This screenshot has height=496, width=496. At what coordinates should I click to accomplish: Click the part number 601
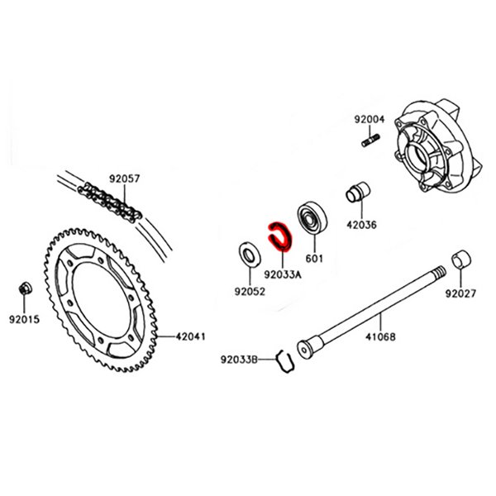coord(315,256)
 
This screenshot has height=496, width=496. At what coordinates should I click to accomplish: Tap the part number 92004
coord(370,119)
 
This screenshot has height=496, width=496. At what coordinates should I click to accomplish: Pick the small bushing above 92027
coord(460,260)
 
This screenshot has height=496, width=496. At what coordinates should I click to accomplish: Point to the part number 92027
coord(461,293)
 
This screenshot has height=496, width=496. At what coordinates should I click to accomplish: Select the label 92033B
coord(240,359)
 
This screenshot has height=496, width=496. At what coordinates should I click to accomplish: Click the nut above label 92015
coord(25,289)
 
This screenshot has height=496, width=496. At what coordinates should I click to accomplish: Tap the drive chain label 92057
coord(126,178)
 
